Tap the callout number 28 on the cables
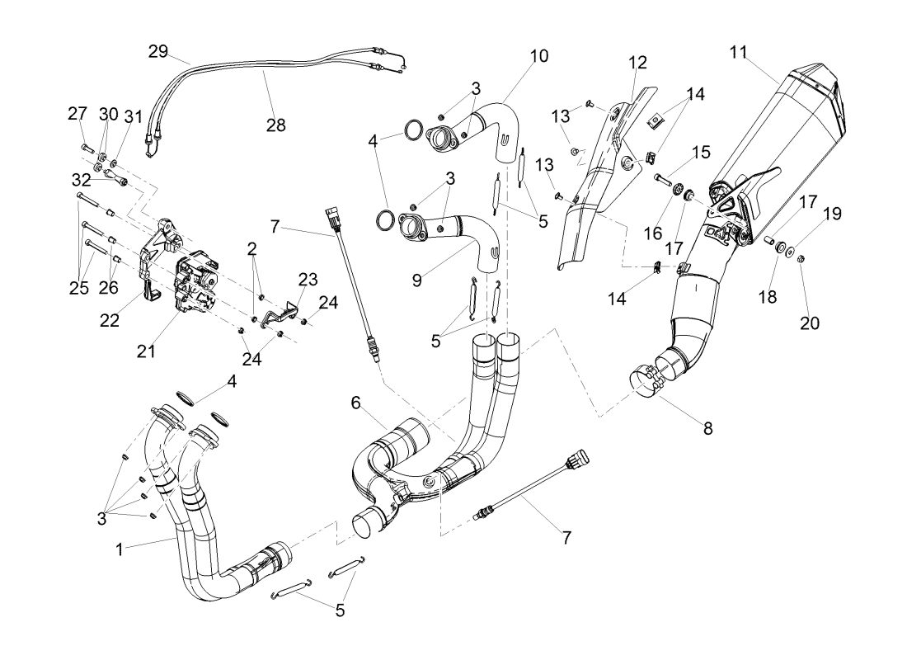click(x=275, y=125)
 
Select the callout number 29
click(x=158, y=52)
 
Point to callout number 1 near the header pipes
click(x=120, y=548)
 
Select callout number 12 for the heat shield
click(x=637, y=62)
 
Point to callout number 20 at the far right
click(x=810, y=323)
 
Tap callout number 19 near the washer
click(x=832, y=214)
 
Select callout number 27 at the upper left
click(x=77, y=114)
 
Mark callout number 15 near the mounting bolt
click(x=701, y=153)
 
